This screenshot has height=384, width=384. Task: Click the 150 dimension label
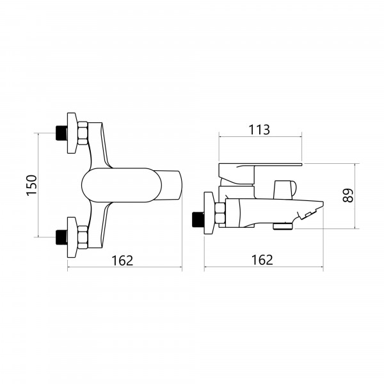[x=32, y=185]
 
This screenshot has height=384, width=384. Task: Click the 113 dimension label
[x=259, y=130]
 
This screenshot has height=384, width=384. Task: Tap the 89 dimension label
[x=348, y=195]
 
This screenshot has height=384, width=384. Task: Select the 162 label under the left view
[x=122, y=260]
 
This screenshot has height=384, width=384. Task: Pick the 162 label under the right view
[x=262, y=260]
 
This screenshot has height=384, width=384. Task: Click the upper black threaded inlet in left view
[x=61, y=133]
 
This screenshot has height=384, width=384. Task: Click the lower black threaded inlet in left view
[x=61, y=237]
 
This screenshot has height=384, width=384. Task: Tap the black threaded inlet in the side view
[x=198, y=219]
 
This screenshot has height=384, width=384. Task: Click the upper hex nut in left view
[x=83, y=133]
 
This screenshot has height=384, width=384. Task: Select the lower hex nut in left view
[x=83, y=237]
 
